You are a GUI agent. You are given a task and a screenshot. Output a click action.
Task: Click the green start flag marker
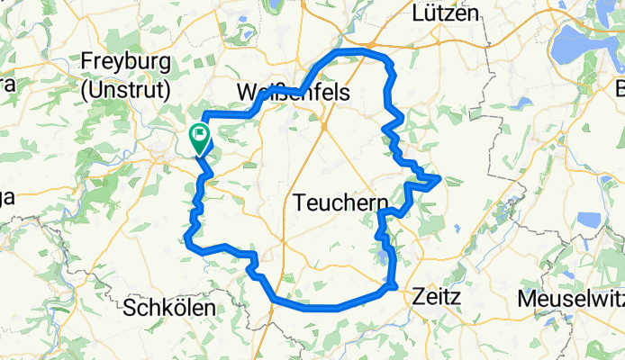tap(199, 138)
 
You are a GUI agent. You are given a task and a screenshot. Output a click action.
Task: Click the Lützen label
tap(446, 13)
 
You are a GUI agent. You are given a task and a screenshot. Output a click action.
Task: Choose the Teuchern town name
tap(341, 203)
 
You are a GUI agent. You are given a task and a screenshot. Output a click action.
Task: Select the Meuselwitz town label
tap(570, 296)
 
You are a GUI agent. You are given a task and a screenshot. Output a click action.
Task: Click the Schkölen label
tap(170, 307)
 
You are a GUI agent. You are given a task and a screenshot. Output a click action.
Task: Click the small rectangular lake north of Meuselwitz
tap(588, 219)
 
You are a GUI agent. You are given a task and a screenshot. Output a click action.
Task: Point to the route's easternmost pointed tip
tap(439, 178)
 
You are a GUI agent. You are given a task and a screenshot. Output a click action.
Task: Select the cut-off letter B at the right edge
tap(620, 89)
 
